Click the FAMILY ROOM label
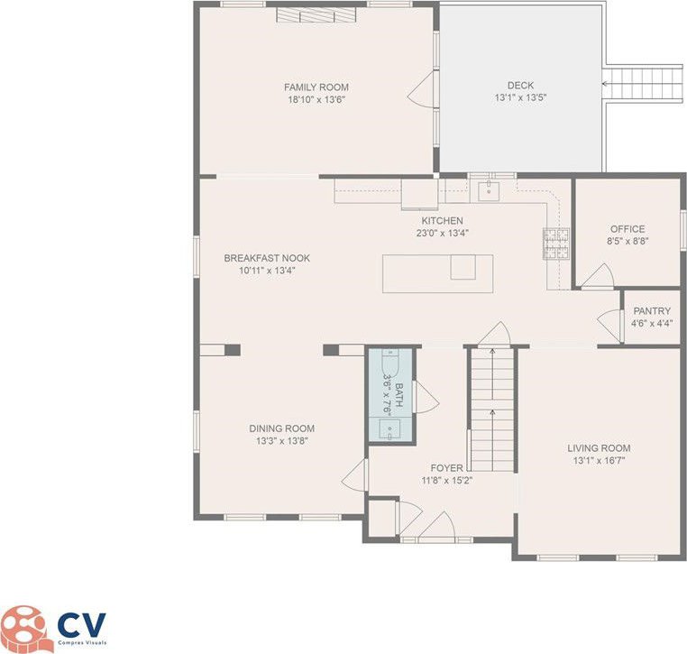[x=316, y=88]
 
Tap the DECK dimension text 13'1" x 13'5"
[x=520, y=97]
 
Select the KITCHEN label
[x=442, y=220]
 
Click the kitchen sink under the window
[x=489, y=190]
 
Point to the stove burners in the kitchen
[x=556, y=244]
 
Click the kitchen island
[x=437, y=273]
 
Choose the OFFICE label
[x=627, y=229]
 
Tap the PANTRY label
[x=652, y=311]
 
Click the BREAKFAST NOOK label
[x=267, y=258]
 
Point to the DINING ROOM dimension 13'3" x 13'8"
[x=282, y=441]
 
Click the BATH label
[x=398, y=395]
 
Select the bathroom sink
[x=389, y=428]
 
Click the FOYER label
[x=446, y=468]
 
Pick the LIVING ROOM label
[x=599, y=448]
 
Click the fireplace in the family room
[x=316, y=15]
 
